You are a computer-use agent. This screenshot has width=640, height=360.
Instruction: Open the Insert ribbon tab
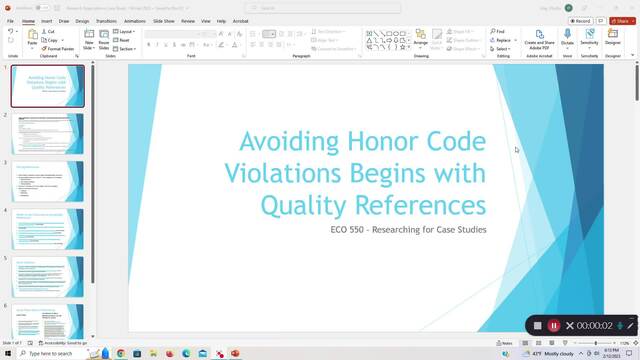tap(47, 20)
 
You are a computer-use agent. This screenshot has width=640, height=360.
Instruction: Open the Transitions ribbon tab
tap(106, 20)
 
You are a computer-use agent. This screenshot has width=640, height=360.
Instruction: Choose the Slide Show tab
tap(165, 20)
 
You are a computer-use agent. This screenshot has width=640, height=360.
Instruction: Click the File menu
tap(10, 20)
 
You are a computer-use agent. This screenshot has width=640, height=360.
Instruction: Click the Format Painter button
tap(60, 48)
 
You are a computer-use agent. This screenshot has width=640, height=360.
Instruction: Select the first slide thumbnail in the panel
tap(48, 87)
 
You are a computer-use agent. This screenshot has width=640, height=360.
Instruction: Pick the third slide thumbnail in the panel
tap(48, 181)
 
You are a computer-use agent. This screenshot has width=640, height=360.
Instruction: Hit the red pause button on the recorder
tap(553, 325)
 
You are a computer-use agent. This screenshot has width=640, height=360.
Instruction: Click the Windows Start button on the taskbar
tap(7, 353)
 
